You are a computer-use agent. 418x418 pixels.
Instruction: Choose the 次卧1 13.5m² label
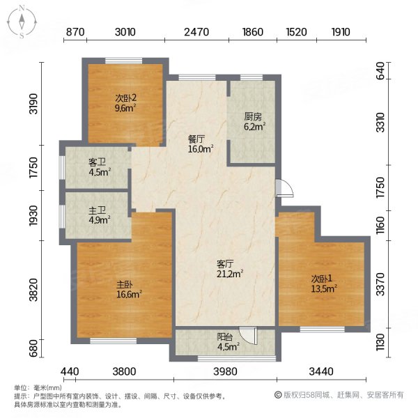[323, 283]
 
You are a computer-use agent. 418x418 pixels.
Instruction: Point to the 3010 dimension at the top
[125, 31]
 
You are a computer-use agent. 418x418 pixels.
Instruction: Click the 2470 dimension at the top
[197, 31]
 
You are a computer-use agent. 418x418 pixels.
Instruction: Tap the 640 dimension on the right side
[380, 71]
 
